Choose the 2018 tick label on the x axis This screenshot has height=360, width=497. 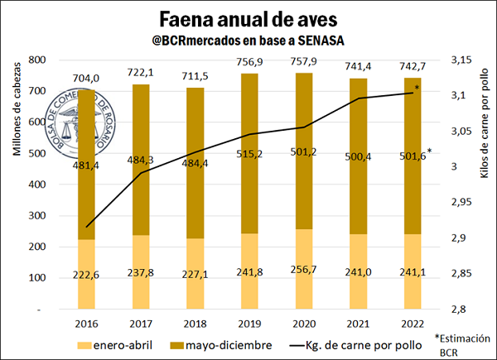tap(195, 324)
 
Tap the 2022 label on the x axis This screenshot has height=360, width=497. tap(412, 324)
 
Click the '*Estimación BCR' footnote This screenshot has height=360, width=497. tap(461, 344)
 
